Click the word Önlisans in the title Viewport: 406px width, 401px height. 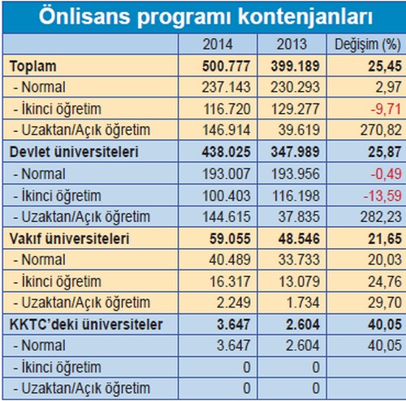[x=84, y=15]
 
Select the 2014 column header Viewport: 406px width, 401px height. [x=218, y=44]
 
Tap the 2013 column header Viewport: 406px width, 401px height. [x=292, y=44]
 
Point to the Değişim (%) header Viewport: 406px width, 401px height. [x=368, y=45]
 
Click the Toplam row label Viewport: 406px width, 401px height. [x=33, y=67]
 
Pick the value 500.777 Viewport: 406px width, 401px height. [x=227, y=66]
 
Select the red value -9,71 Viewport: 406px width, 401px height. [x=386, y=109]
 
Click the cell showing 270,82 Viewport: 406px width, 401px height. [x=381, y=130]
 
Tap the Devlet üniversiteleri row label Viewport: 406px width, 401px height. [x=74, y=152]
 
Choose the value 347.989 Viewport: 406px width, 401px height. [x=296, y=152]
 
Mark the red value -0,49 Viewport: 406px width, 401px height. [x=386, y=174]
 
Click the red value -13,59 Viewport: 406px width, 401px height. [x=382, y=196]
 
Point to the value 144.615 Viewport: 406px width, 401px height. [x=227, y=217]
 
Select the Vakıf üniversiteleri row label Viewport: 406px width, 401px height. [x=69, y=239]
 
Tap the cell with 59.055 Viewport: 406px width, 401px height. [x=230, y=239]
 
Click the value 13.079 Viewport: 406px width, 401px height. [x=299, y=281]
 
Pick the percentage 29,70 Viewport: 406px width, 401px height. [x=385, y=303]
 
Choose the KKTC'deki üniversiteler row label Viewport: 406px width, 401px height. [x=86, y=325]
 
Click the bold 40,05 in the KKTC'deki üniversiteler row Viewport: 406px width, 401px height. [x=385, y=325]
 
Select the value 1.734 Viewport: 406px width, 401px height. [x=303, y=303]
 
